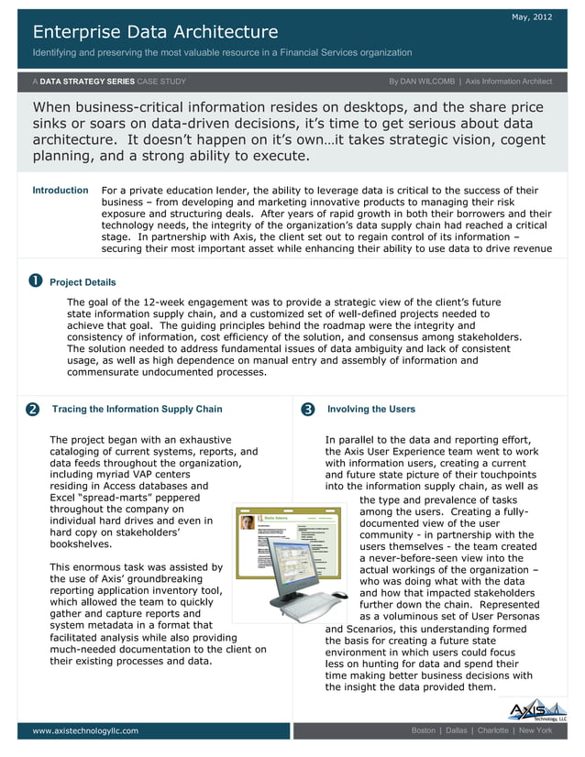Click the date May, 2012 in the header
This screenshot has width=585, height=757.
pyautogui.click(x=533, y=17)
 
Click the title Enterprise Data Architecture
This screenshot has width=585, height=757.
pyautogui.click(x=155, y=33)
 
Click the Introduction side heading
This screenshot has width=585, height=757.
pyautogui.click(x=61, y=191)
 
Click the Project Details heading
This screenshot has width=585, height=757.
pyautogui.click(x=83, y=282)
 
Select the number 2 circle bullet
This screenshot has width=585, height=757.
pyautogui.click(x=33, y=409)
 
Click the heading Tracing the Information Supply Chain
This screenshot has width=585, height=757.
pyautogui.click(x=137, y=409)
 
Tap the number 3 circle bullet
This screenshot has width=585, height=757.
pyautogui.click(x=307, y=409)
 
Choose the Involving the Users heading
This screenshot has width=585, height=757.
pyautogui.click(x=370, y=409)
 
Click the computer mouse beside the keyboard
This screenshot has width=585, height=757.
pyautogui.click(x=339, y=596)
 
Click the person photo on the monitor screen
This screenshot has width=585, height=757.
pyautogui.click(x=248, y=522)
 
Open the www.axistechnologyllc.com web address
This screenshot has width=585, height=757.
pyautogui.click(x=85, y=730)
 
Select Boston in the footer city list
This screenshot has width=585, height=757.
pyautogui.click(x=424, y=730)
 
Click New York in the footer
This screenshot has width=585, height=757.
pyautogui.click(x=535, y=730)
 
